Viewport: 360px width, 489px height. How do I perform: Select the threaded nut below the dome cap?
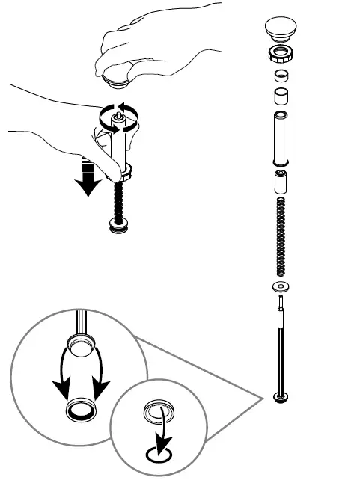(x=281, y=54)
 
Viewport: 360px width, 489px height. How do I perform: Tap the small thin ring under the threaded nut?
(x=281, y=75)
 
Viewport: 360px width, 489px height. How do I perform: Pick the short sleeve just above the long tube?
(x=281, y=97)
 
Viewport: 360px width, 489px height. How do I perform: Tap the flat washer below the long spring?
(x=281, y=288)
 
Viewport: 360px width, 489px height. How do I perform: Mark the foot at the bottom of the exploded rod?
(x=281, y=397)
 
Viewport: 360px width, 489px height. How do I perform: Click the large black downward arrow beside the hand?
(x=89, y=177)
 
